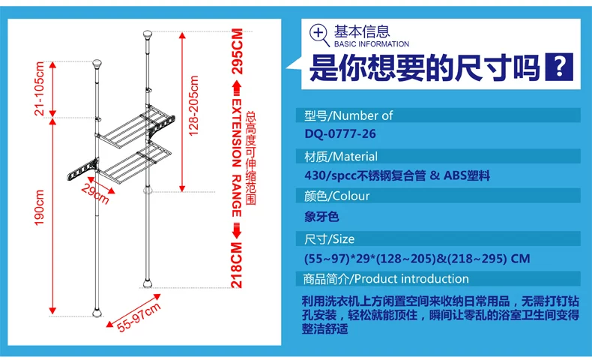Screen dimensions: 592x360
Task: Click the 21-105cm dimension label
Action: pyautogui.click(x=39, y=88)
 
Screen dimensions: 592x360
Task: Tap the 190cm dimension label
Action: pyautogui.click(x=39, y=208)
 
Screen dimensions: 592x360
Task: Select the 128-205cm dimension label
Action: pyautogui.click(x=193, y=106)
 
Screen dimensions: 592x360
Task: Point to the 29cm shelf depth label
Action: pyautogui.click(x=95, y=193)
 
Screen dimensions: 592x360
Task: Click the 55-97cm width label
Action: pyautogui.click(x=139, y=317)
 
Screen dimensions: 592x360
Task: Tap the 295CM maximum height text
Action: pyautogui.click(x=237, y=51)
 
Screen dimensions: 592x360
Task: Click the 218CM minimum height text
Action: pyautogui.click(x=237, y=265)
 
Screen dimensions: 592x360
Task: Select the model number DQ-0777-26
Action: pyautogui.click(x=340, y=133)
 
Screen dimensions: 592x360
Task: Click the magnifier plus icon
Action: pyautogui.click(x=319, y=34)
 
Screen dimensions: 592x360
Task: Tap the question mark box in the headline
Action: pyautogui.click(x=559, y=67)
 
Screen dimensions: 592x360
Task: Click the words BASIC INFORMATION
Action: pyautogui.click(x=372, y=44)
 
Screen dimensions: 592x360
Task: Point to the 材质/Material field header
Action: pyautogui.click(x=341, y=157)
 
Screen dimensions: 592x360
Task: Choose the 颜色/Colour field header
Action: pyautogui.click(x=336, y=196)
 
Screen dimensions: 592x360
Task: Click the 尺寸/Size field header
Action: pyautogui.click(x=329, y=239)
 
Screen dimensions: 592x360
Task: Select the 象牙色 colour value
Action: pyautogui.click(x=321, y=217)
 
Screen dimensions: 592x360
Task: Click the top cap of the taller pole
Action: pyautogui.click(x=147, y=34)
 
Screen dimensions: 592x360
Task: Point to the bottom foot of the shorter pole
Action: pyautogui.click(x=97, y=313)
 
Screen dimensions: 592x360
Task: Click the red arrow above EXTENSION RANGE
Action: pyautogui.click(x=237, y=88)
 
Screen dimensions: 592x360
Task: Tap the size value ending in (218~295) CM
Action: pyautogui.click(x=417, y=259)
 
